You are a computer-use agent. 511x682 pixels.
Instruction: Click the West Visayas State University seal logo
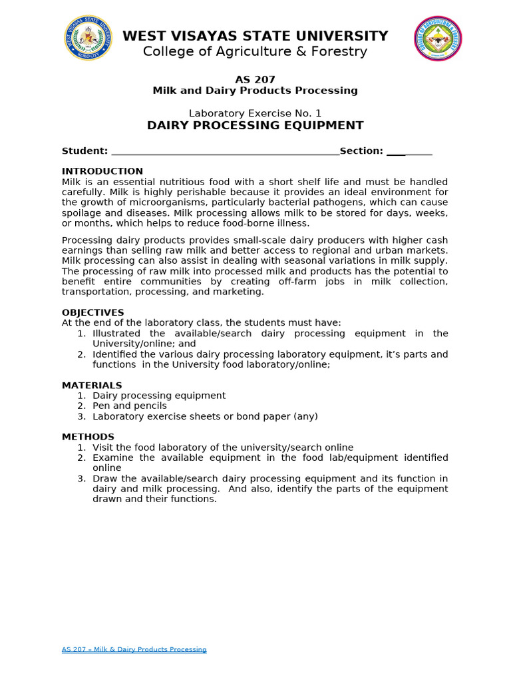point(88,39)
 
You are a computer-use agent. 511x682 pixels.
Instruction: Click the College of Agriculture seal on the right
point(438,39)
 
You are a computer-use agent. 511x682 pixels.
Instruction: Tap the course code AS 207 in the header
point(255,79)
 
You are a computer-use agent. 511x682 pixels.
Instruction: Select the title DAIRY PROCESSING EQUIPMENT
point(255,125)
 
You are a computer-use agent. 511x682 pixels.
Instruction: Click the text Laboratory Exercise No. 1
point(255,113)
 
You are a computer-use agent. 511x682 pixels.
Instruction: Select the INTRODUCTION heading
point(102,171)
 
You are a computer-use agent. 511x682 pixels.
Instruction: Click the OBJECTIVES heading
point(93,312)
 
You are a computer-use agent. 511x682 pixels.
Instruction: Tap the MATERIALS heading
point(92,385)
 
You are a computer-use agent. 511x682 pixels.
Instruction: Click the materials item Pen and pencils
point(130,406)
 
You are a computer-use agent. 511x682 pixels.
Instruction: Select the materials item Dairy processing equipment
point(159,396)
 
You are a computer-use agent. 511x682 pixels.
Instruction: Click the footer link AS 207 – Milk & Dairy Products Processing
point(134,649)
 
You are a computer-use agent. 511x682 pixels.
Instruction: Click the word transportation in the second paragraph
point(92,292)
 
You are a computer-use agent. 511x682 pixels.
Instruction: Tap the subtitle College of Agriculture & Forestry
point(255,52)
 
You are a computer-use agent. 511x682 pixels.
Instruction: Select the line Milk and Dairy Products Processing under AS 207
point(255,91)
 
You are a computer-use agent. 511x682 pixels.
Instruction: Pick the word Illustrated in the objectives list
point(116,333)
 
